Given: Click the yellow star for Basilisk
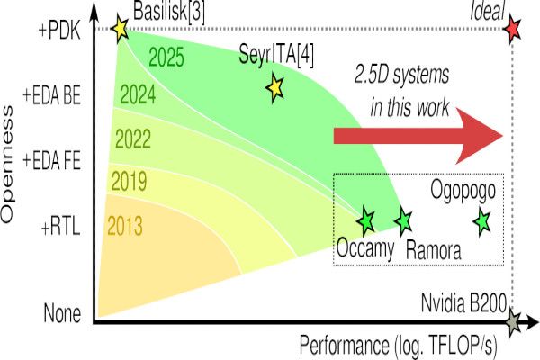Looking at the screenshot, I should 120,29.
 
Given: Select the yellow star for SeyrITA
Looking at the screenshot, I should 274,87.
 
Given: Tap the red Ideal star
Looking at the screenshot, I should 512,29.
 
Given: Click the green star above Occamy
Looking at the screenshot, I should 365,220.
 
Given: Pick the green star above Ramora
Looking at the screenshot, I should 402,220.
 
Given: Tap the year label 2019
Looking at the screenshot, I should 129,181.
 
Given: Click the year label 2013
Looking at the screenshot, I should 124,224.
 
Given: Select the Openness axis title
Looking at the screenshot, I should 12,176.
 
